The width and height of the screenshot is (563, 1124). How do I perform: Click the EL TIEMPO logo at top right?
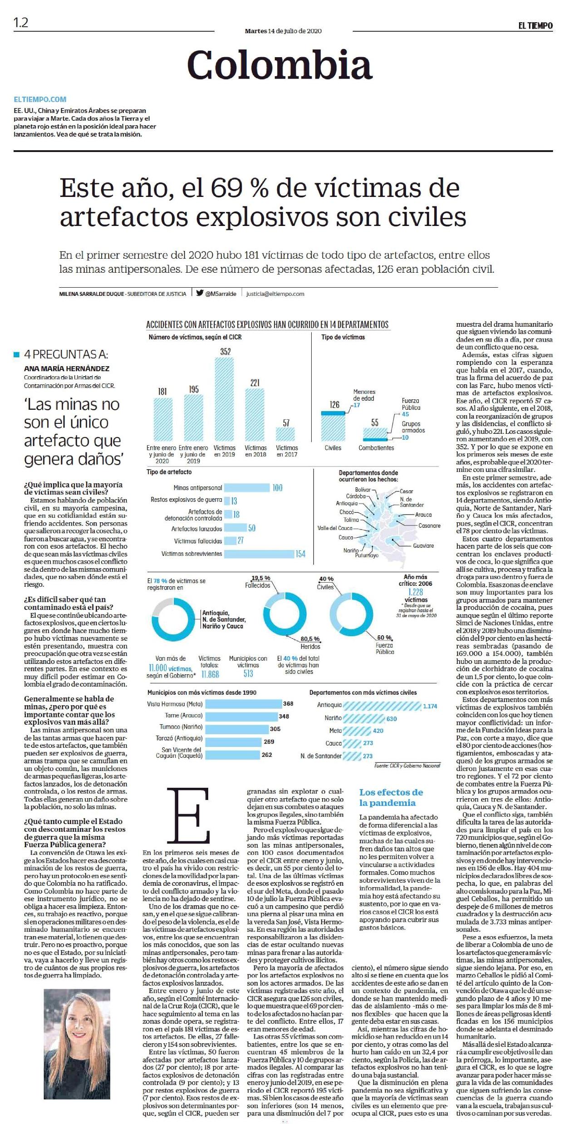pyautogui.click(x=535, y=26)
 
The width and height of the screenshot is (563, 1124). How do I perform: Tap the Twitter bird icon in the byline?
pyautogui.click(x=200, y=293)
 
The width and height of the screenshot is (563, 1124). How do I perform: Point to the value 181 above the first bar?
pyautogui.click(x=162, y=391)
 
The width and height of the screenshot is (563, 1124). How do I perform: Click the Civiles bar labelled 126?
pyautogui.click(x=333, y=426)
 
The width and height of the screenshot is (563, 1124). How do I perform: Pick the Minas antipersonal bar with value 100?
pyautogui.click(x=247, y=488)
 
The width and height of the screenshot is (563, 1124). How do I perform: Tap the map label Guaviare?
pyautogui.click(x=423, y=545)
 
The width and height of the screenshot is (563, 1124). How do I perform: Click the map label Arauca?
pyautogui.click(x=423, y=515)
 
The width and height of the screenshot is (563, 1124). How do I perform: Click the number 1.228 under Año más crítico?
pyautogui.click(x=415, y=592)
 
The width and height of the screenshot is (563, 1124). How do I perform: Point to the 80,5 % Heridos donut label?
pyautogui.click(x=310, y=643)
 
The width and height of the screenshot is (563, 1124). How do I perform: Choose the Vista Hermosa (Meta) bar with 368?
pyautogui.click(x=242, y=704)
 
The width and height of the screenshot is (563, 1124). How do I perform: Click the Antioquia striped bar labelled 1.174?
pyautogui.click(x=382, y=706)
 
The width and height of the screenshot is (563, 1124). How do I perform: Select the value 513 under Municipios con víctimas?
pyautogui.click(x=248, y=674)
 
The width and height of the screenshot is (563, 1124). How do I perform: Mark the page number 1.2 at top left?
pyautogui.click(x=21, y=23)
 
